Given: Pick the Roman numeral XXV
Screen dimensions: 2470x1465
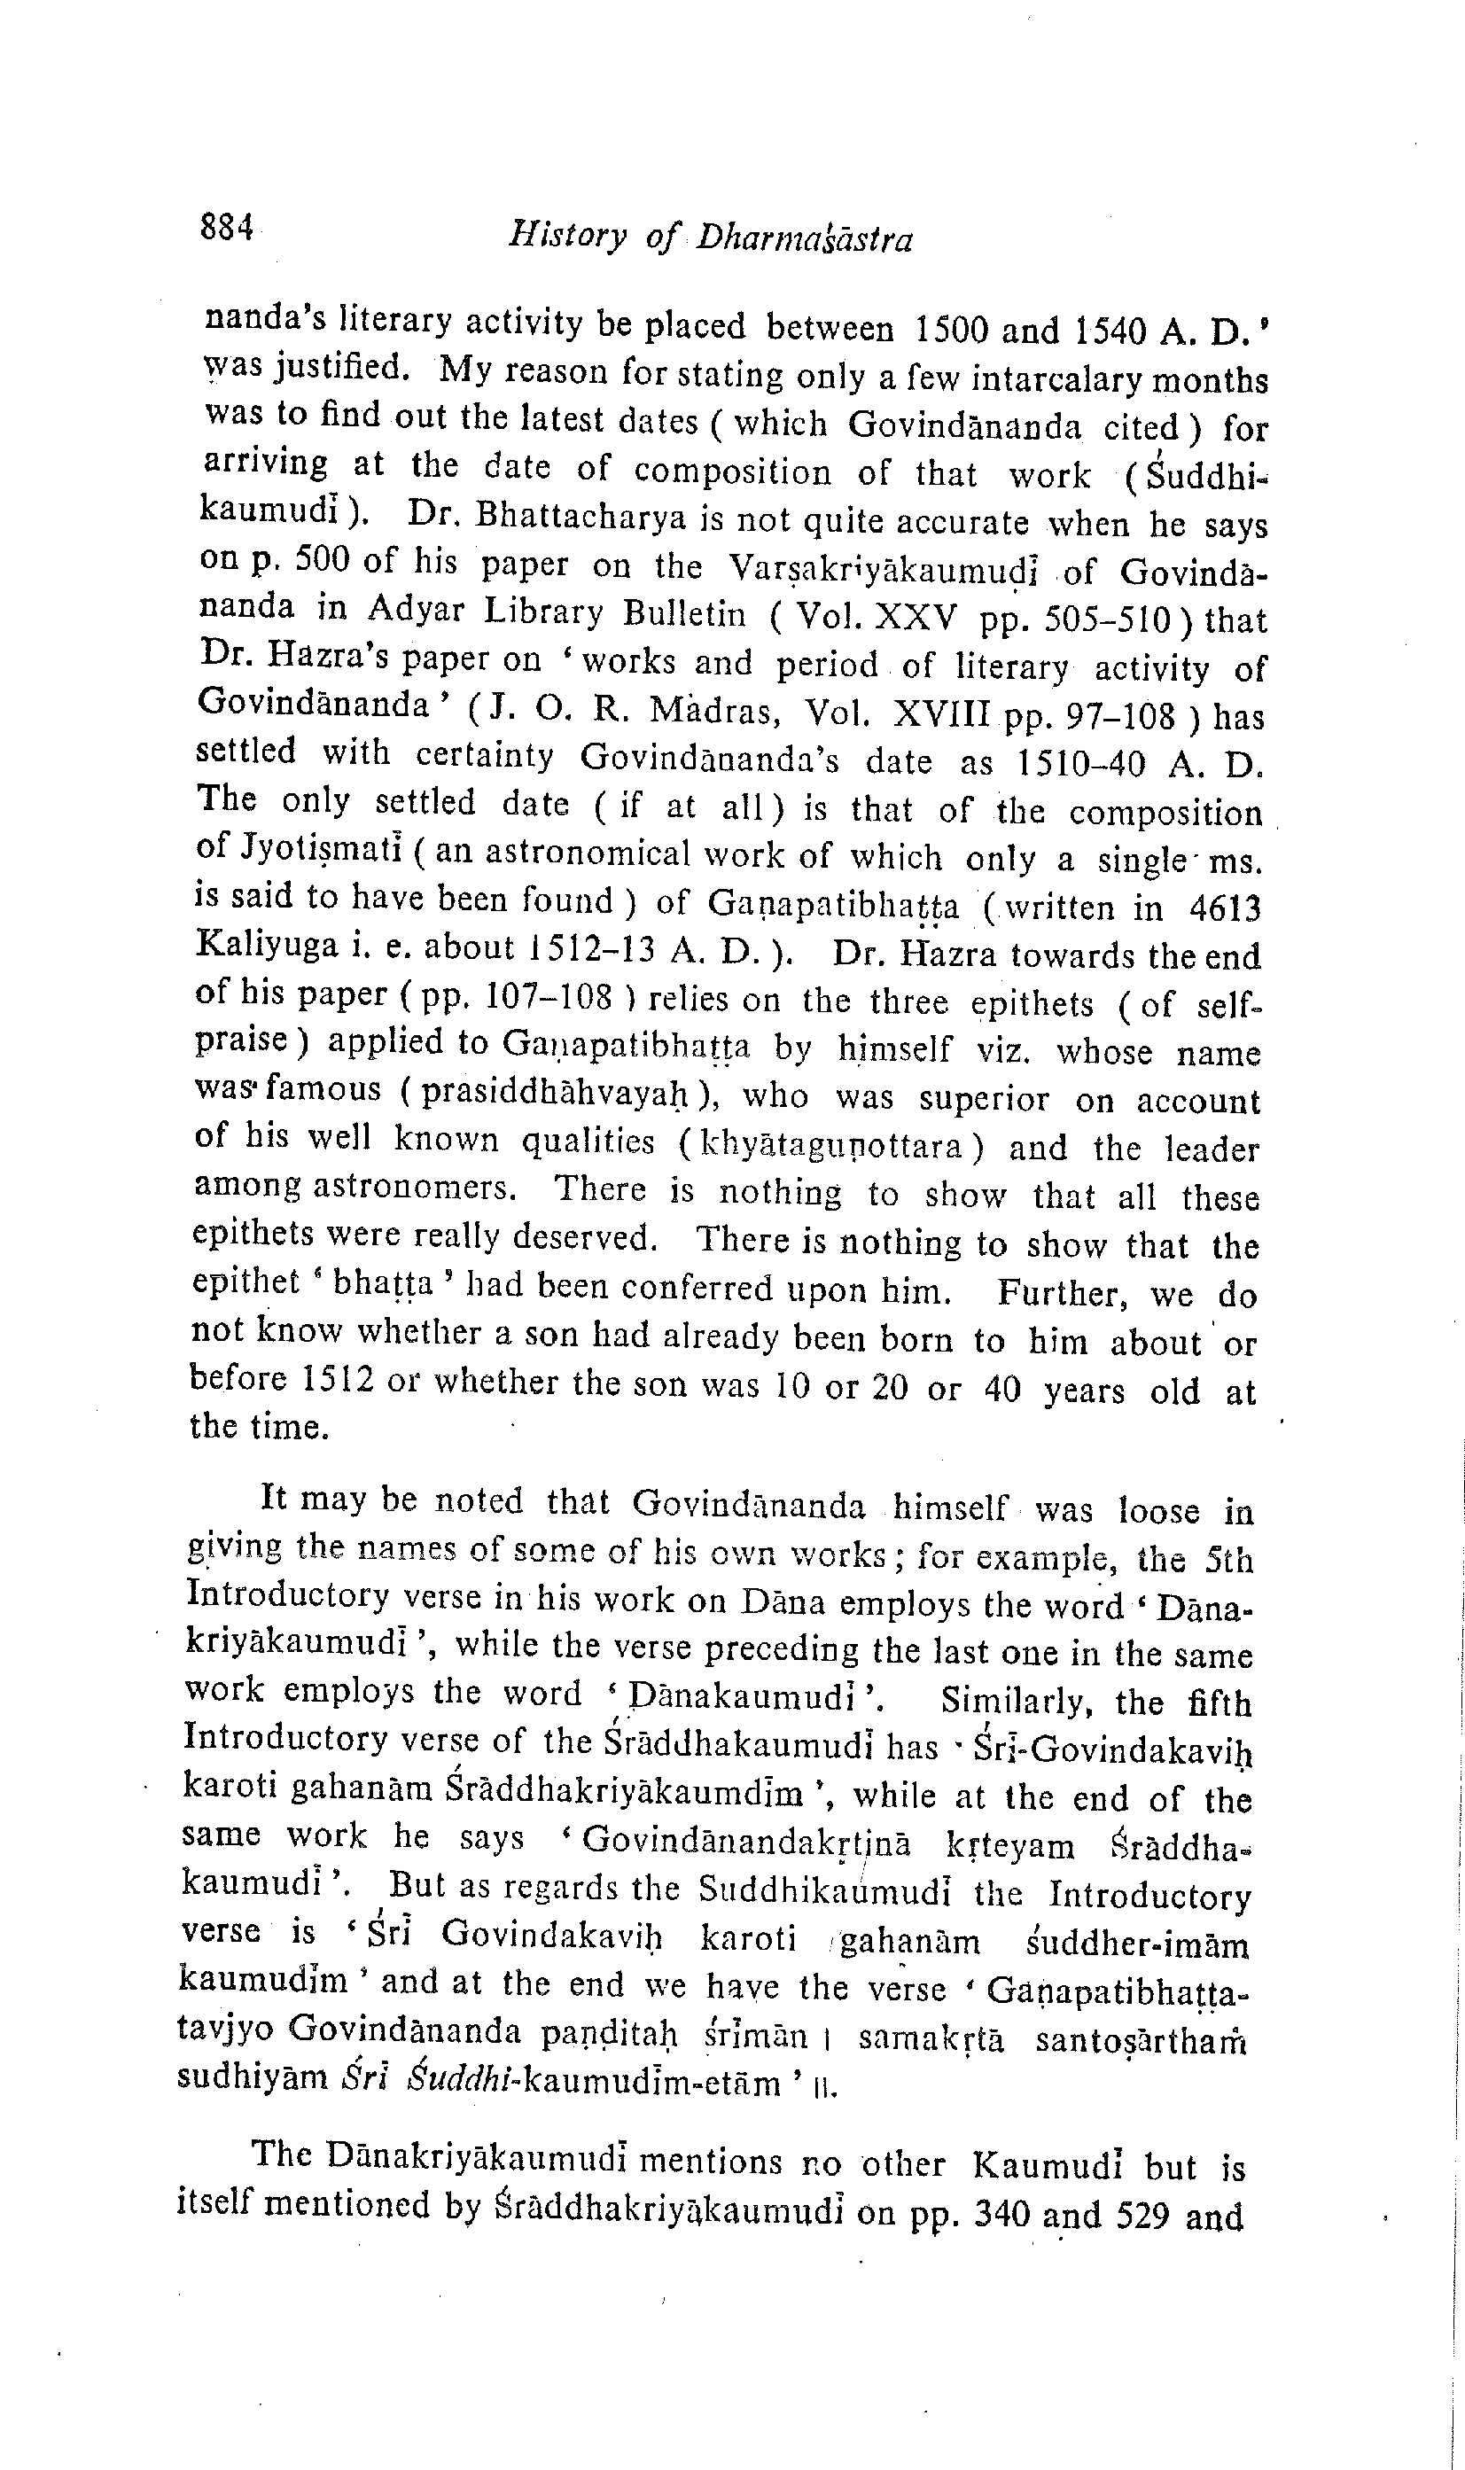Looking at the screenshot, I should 909,619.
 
